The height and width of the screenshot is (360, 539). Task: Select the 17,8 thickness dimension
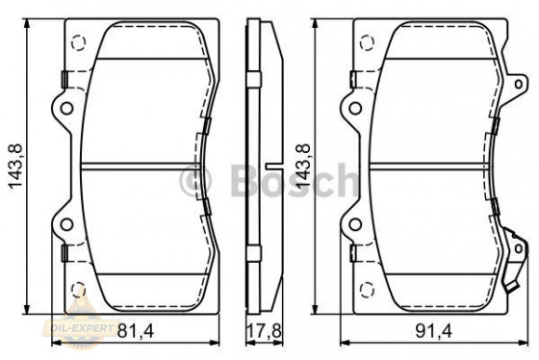pyautogui.click(x=259, y=333)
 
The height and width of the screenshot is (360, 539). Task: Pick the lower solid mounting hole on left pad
pyautogui.click(x=66, y=225)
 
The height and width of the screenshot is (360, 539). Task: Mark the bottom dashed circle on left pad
pyautogui.click(x=78, y=289)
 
